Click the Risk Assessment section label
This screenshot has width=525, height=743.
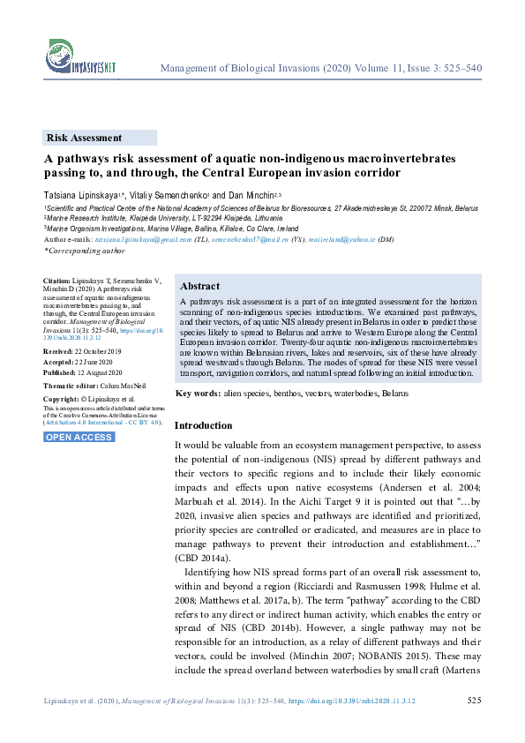pos(84,138)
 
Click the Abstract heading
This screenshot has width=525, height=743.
pos(199,287)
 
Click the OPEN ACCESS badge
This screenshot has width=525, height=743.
pos(79,437)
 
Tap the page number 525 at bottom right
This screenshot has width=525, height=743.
pos(473,701)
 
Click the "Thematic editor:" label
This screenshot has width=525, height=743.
pos(71,386)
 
